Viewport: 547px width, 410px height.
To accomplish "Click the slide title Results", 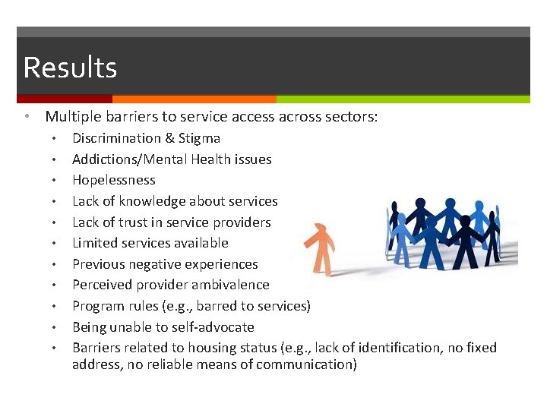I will point(70,68).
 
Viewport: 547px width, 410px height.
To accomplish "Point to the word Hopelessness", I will point(114,180).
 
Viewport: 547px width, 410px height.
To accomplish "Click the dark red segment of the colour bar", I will point(65,99).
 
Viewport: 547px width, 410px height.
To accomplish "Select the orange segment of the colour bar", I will point(194,99).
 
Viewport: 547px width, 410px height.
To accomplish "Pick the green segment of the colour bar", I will point(403,99).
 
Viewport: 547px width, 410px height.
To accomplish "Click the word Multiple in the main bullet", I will point(72,117).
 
